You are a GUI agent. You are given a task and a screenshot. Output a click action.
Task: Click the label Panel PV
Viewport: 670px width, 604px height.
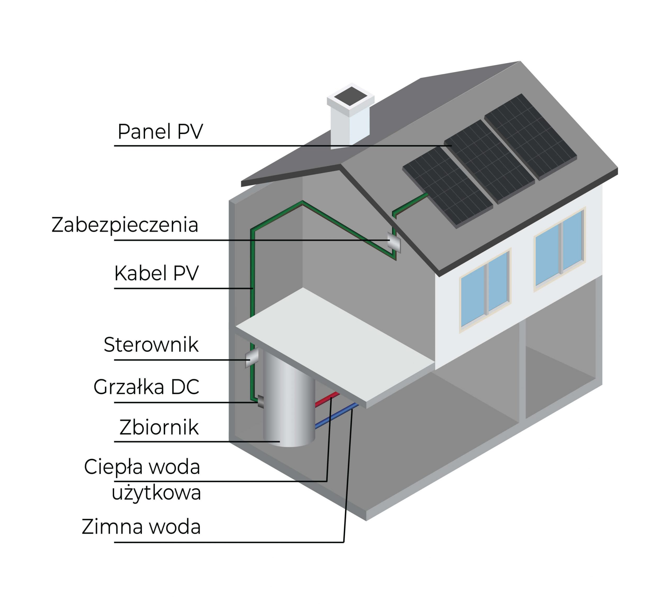tap(160, 131)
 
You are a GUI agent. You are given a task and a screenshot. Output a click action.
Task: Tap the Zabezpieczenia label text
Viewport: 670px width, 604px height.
tap(125, 225)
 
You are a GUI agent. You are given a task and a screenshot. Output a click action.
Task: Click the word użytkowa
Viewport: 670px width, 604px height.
tap(156, 493)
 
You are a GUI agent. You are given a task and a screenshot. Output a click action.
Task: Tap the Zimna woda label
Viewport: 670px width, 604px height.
tap(141, 527)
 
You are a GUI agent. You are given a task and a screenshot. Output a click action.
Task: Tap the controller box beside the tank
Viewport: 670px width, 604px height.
tap(252, 358)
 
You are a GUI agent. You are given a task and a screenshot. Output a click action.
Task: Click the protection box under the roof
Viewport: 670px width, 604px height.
tap(394, 244)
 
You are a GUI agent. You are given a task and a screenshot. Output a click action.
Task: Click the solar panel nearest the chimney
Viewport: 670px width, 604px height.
tap(447, 187)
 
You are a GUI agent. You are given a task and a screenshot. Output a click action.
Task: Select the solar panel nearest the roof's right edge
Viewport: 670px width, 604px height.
tap(530, 137)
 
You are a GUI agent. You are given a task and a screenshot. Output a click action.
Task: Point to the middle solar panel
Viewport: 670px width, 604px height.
tap(489, 162)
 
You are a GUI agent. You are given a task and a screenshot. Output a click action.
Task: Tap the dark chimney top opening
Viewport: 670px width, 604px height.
tap(350, 96)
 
